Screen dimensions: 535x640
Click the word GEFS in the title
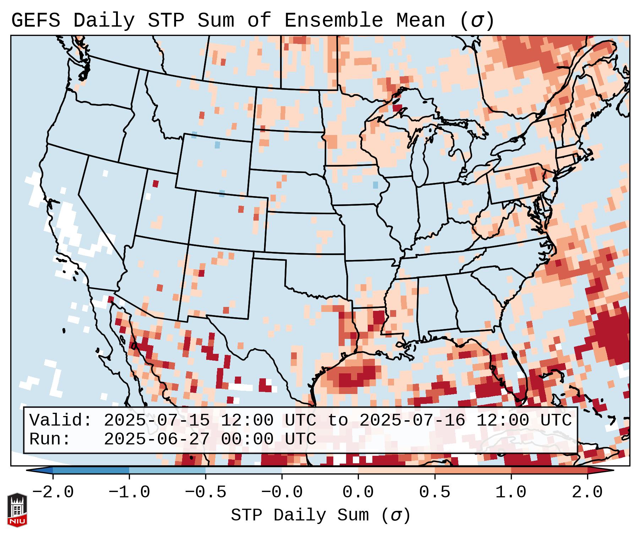[35, 21]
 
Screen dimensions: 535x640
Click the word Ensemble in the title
[333, 21]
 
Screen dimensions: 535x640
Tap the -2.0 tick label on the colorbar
[53, 492]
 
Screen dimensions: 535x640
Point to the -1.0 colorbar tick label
[129, 492]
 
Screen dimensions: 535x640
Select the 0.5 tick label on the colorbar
[434, 492]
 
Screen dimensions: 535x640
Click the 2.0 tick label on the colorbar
[587, 492]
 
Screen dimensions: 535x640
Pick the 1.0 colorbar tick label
[511, 492]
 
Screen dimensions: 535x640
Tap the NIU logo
[17, 510]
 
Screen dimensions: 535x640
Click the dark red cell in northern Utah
[155, 184]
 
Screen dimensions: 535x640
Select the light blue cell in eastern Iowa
[376, 185]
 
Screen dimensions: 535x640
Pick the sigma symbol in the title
[476, 21]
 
